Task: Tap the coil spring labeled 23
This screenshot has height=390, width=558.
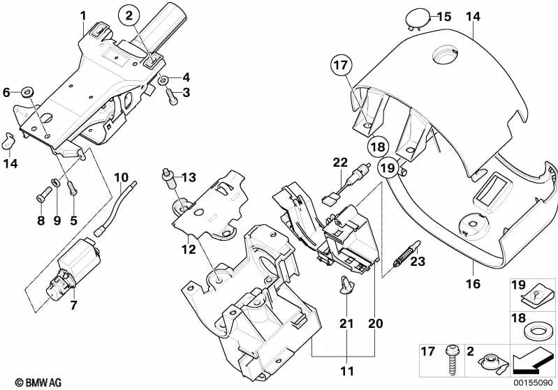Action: pos(405,253)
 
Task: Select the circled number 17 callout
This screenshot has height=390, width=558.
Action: pos(340,67)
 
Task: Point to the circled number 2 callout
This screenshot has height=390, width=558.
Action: pos(128,15)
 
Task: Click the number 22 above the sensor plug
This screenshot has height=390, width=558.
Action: pos(340,163)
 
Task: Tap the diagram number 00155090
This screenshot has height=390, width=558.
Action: pos(534,383)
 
